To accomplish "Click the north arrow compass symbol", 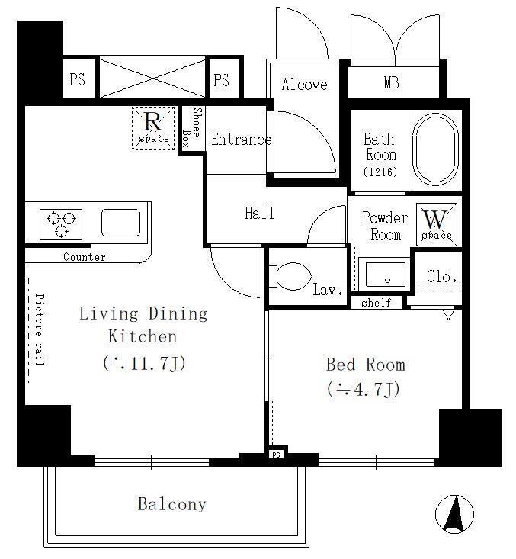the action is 454,514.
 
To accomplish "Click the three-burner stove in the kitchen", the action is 61,224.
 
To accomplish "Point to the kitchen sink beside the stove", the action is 120,223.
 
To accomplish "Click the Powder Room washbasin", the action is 386,275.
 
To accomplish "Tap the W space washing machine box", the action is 437,225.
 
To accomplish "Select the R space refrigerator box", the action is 153,128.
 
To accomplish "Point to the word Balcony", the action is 172,504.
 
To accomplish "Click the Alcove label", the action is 304,85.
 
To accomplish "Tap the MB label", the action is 391,82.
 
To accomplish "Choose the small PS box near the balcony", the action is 276,455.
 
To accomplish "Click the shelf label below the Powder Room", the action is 377,303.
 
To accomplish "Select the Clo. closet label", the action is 442,276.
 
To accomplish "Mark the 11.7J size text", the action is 144,363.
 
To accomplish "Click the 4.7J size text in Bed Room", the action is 363,389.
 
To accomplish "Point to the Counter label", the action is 85,257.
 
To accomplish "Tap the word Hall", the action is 259,214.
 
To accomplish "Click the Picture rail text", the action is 40,329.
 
